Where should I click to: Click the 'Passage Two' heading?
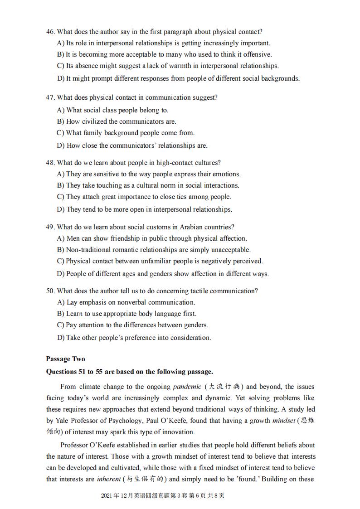point(65,359)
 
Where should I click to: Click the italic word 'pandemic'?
point(187,387)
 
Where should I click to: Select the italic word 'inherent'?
point(109,479)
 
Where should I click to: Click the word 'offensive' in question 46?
point(257,54)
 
